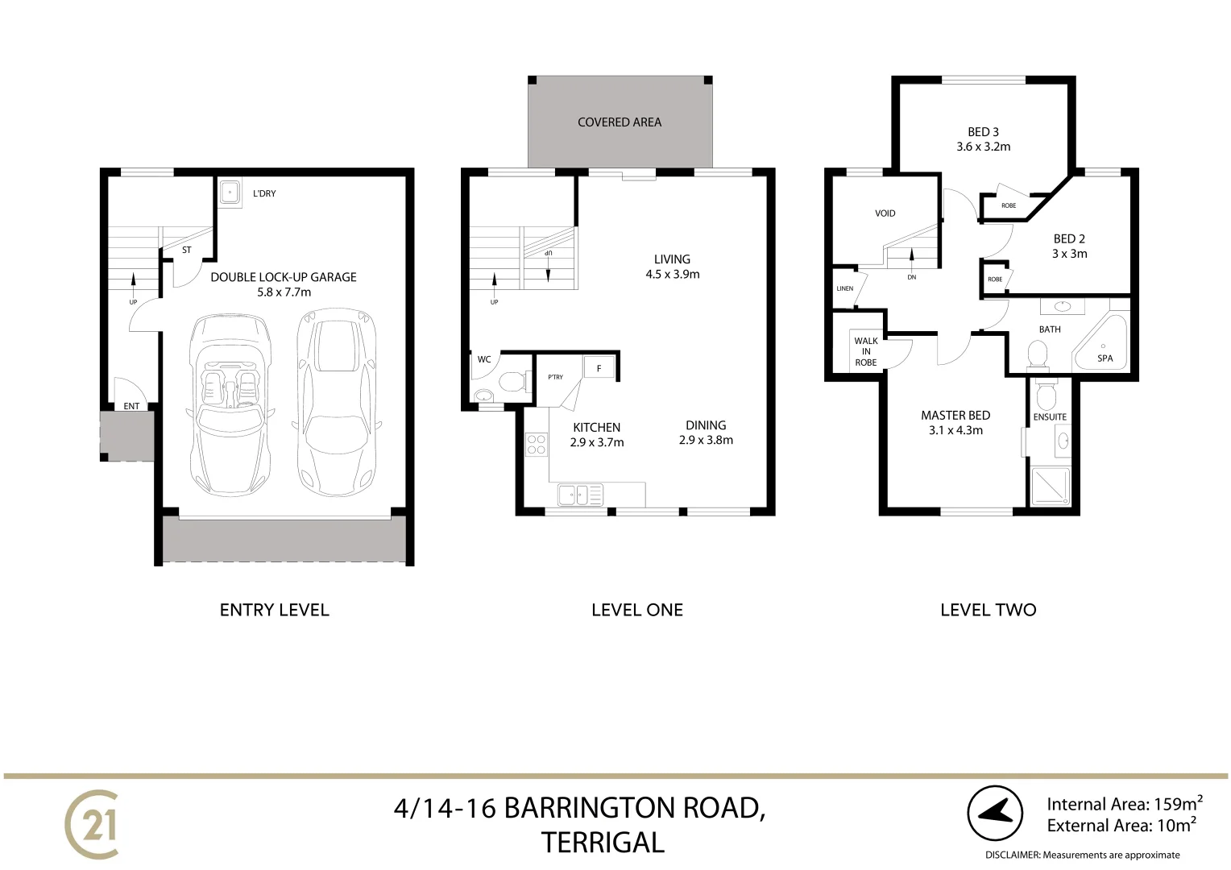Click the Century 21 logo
click(x=92, y=824)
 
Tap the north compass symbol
click(x=995, y=814)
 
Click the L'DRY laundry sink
click(x=230, y=193)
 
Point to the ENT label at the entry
click(x=131, y=406)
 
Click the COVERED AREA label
click(x=620, y=122)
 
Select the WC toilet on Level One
click(x=512, y=381)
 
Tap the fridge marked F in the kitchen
click(x=599, y=368)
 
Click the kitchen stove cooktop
click(x=536, y=445)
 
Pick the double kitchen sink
click(x=578, y=494)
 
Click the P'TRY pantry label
click(x=556, y=377)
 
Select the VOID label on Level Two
click(x=885, y=213)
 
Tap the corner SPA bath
click(x=1103, y=346)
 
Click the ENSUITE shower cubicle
click(x=1051, y=487)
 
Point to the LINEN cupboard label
click(x=844, y=288)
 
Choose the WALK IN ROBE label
click(x=866, y=352)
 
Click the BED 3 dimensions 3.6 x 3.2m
click(x=983, y=147)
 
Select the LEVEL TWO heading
click(x=988, y=610)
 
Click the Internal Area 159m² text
click(x=1124, y=804)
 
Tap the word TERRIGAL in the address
click(x=603, y=843)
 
